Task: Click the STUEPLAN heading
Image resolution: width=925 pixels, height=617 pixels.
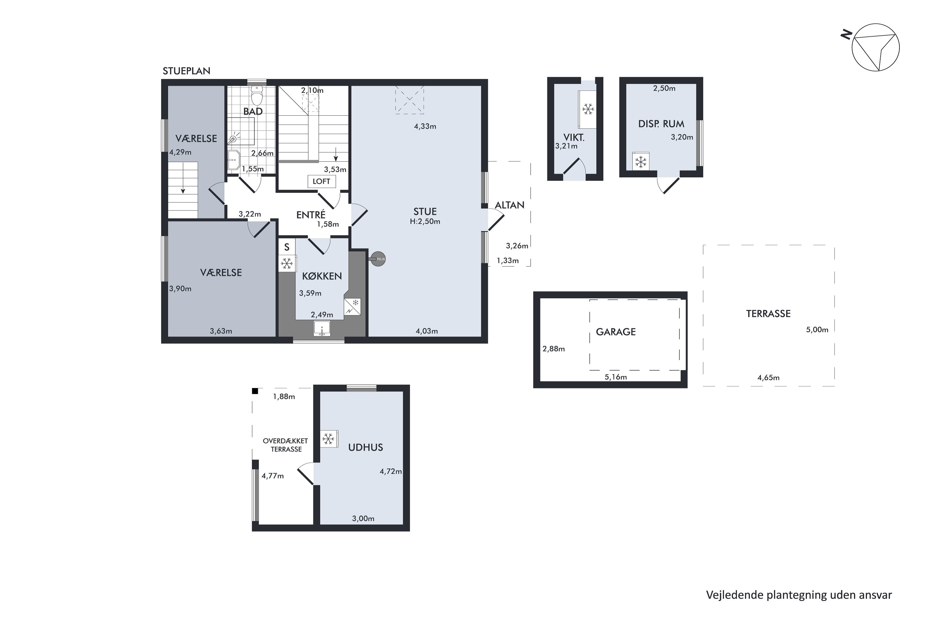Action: pyautogui.click(x=187, y=71)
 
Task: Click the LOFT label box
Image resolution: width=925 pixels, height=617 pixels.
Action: pyautogui.click(x=321, y=181)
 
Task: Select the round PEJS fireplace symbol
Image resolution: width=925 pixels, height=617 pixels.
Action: pyautogui.click(x=378, y=259)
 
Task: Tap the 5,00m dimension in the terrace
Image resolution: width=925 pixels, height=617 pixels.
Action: pyautogui.click(x=817, y=330)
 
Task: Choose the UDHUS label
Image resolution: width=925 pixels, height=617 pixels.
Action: pyautogui.click(x=365, y=447)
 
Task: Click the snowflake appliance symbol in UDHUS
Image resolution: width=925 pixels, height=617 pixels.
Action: pyautogui.click(x=329, y=439)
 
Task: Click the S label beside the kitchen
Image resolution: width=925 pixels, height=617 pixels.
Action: pyautogui.click(x=287, y=247)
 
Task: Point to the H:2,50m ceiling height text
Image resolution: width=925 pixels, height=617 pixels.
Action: pyautogui.click(x=425, y=222)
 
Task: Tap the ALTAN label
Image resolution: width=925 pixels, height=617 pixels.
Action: pyautogui.click(x=509, y=205)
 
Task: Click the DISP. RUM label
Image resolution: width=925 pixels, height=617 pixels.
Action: pyautogui.click(x=661, y=124)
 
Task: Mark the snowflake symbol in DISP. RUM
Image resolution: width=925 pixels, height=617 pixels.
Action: pyautogui.click(x=641, y=161)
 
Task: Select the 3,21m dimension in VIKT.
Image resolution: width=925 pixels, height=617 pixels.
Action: pyautogui.click(x=566, y=146)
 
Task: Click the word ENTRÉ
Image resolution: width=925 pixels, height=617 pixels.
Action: pyautogui.click(x=311, y=215)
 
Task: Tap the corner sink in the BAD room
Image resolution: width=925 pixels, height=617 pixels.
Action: pyautogui.click(x=234, y=160)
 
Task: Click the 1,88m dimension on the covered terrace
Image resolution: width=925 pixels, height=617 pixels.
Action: pyautogui.click(x=284, y=397)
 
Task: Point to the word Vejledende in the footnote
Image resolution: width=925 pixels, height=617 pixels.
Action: pyautogui.click(x=735, y=595)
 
